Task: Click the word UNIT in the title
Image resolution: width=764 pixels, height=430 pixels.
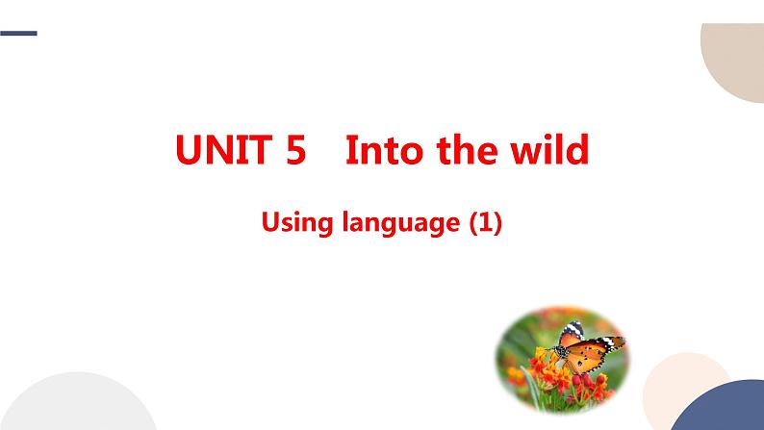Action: pyautogui.click(x=227, y=151)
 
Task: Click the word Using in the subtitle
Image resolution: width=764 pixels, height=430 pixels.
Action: pyautogui.click(x=294, y=224)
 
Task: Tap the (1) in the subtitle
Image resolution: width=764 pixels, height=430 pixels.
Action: pyautogui.click(x=484, y=224)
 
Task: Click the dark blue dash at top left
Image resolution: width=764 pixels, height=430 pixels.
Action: pyautogui.click(x=18, y=34)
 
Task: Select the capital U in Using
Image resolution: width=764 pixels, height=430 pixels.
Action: pyautogui.click(x=270, y=224)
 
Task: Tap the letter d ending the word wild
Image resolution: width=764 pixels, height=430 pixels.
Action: pyautogui.click(x=577, y=151)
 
